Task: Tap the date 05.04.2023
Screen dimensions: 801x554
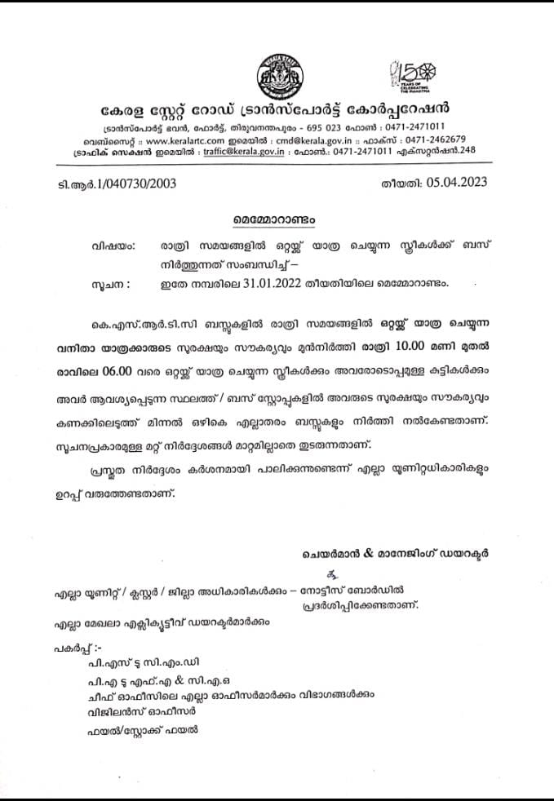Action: coord(457,183)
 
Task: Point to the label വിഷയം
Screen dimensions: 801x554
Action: coord(109,246)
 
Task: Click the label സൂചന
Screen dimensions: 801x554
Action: coord(109,285)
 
